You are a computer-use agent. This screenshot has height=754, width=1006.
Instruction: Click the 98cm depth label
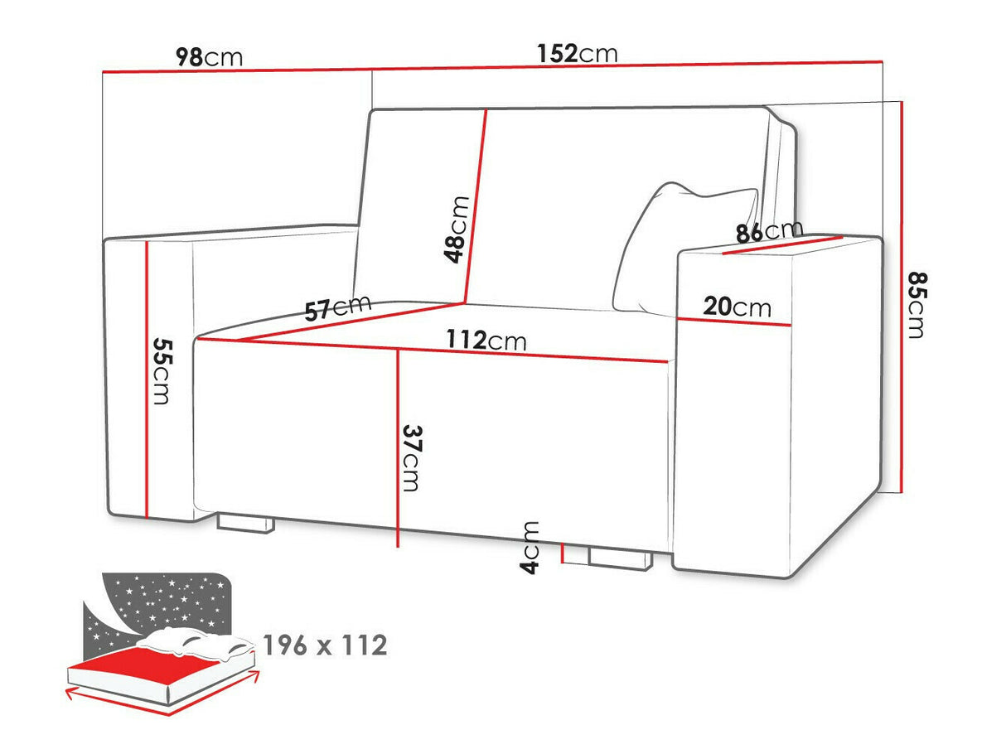[x=209, y=57]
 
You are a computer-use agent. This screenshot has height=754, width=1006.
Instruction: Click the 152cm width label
[x=577, y=53]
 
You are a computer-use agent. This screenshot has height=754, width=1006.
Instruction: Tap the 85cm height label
[x=913, y=304]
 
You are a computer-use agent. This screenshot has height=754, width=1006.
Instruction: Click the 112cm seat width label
[x=486, y=340]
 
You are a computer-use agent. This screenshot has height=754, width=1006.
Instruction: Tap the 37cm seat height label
[x=411, y=457]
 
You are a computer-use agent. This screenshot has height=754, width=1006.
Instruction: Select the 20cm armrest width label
[x=736, y=307]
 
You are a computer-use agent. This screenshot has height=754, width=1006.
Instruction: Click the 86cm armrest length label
[x=769, y=231]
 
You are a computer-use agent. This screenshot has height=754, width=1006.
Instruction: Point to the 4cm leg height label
[x=530, y=548]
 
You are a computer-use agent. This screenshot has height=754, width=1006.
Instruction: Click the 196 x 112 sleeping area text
[x=324, y=645]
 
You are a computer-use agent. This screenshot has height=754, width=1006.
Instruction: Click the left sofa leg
[x=245, y=523]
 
